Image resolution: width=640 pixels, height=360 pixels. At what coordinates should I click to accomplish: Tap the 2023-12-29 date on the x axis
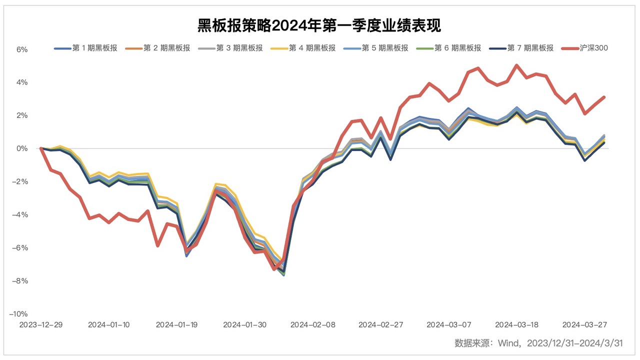pos(41,324)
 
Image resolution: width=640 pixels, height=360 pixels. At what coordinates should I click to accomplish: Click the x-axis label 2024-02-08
pos(312,324)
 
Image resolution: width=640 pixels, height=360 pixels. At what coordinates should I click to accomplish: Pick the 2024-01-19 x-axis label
pos(176,324)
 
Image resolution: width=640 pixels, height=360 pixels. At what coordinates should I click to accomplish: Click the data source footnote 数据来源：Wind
pos(538,343)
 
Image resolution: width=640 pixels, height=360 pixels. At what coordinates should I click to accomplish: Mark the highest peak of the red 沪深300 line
pos(516,65)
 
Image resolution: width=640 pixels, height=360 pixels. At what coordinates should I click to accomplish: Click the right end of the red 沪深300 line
pos(604,97)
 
